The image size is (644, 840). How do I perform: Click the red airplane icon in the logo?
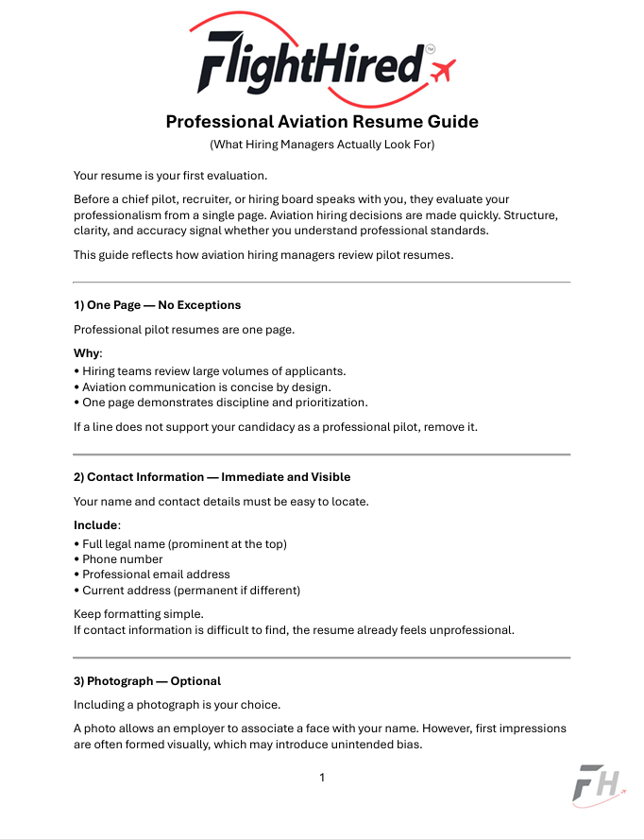(x=442, y=70)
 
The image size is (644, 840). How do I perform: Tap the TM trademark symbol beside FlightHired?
(x=430, y=48)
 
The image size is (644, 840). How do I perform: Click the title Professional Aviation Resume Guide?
(x=322, y=122)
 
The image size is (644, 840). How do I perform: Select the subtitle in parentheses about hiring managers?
(x=322, y=145)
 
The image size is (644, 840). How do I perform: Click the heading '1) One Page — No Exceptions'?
(x=157, y=305)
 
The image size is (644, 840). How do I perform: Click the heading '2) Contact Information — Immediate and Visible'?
(x=212, y=477)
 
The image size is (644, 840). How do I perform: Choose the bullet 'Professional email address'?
(x=152, y=574)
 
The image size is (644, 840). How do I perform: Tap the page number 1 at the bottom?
(x=322, y=778)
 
